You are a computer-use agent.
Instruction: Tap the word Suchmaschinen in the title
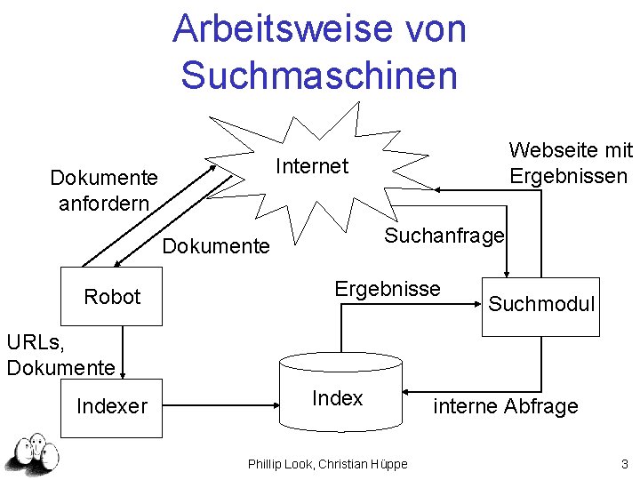click(x=319, y=75)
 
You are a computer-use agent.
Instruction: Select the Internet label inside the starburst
click(x=312, y=166)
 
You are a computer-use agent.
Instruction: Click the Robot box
click(x=112, y=296)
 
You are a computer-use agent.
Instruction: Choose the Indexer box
click(x=112, y=407)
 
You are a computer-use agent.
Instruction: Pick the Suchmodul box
click(x=540, y=305)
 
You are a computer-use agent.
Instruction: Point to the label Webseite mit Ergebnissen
click(x=570, y=163)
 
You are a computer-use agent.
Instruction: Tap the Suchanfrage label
click(x=444, y=236)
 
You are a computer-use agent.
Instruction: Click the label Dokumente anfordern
click(x=104, y=190)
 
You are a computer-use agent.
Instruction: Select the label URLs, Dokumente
click(x=60, y=354)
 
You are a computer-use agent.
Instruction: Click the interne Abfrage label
click(x=505, y=406)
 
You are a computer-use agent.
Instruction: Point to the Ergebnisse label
click(x=387, y=289)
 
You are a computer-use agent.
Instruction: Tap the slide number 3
click(x=625, y=463)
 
